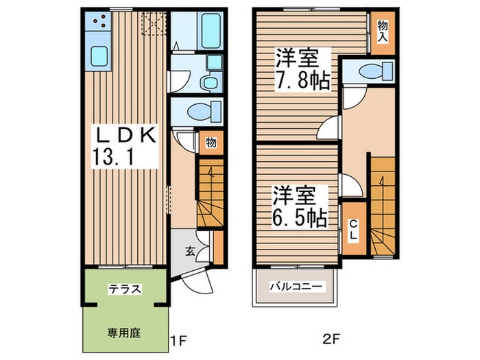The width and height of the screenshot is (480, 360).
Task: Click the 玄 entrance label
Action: [x=189, y=250]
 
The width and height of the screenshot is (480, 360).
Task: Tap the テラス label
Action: [x=124, y=289]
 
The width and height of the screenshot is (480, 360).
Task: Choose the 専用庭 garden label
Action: [x=123, y=334]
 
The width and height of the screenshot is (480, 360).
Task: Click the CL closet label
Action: [x=354, y=230]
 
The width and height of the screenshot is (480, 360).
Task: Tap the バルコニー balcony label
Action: [x=296, y=287]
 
